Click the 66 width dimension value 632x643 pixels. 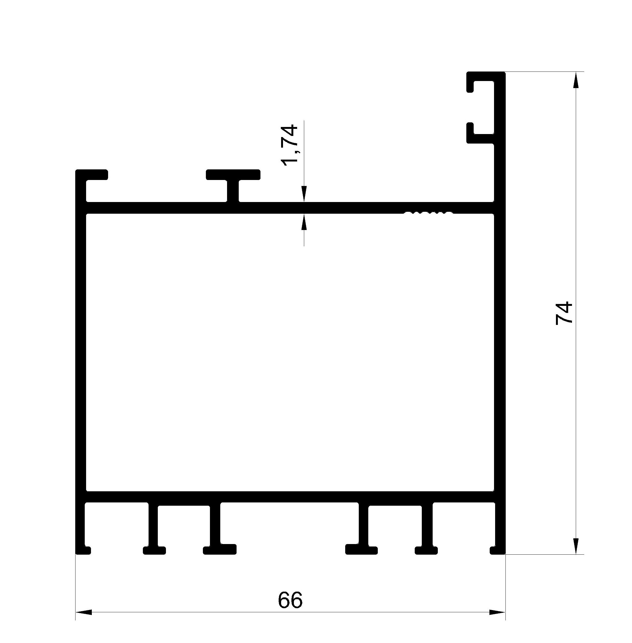coord(290,600)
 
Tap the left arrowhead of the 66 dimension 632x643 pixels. coord(84,612)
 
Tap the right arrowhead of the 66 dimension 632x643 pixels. coord(497,612)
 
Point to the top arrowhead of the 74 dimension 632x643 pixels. coord(576,80)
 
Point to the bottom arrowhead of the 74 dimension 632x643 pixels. coord(576,546)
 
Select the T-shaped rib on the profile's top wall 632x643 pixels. coord(233,184)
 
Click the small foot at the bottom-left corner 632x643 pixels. coord(83,550)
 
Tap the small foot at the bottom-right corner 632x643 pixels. coord(498,550)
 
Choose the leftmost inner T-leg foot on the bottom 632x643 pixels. coord(154,550)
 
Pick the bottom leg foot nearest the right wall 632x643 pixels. coord(426,550)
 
